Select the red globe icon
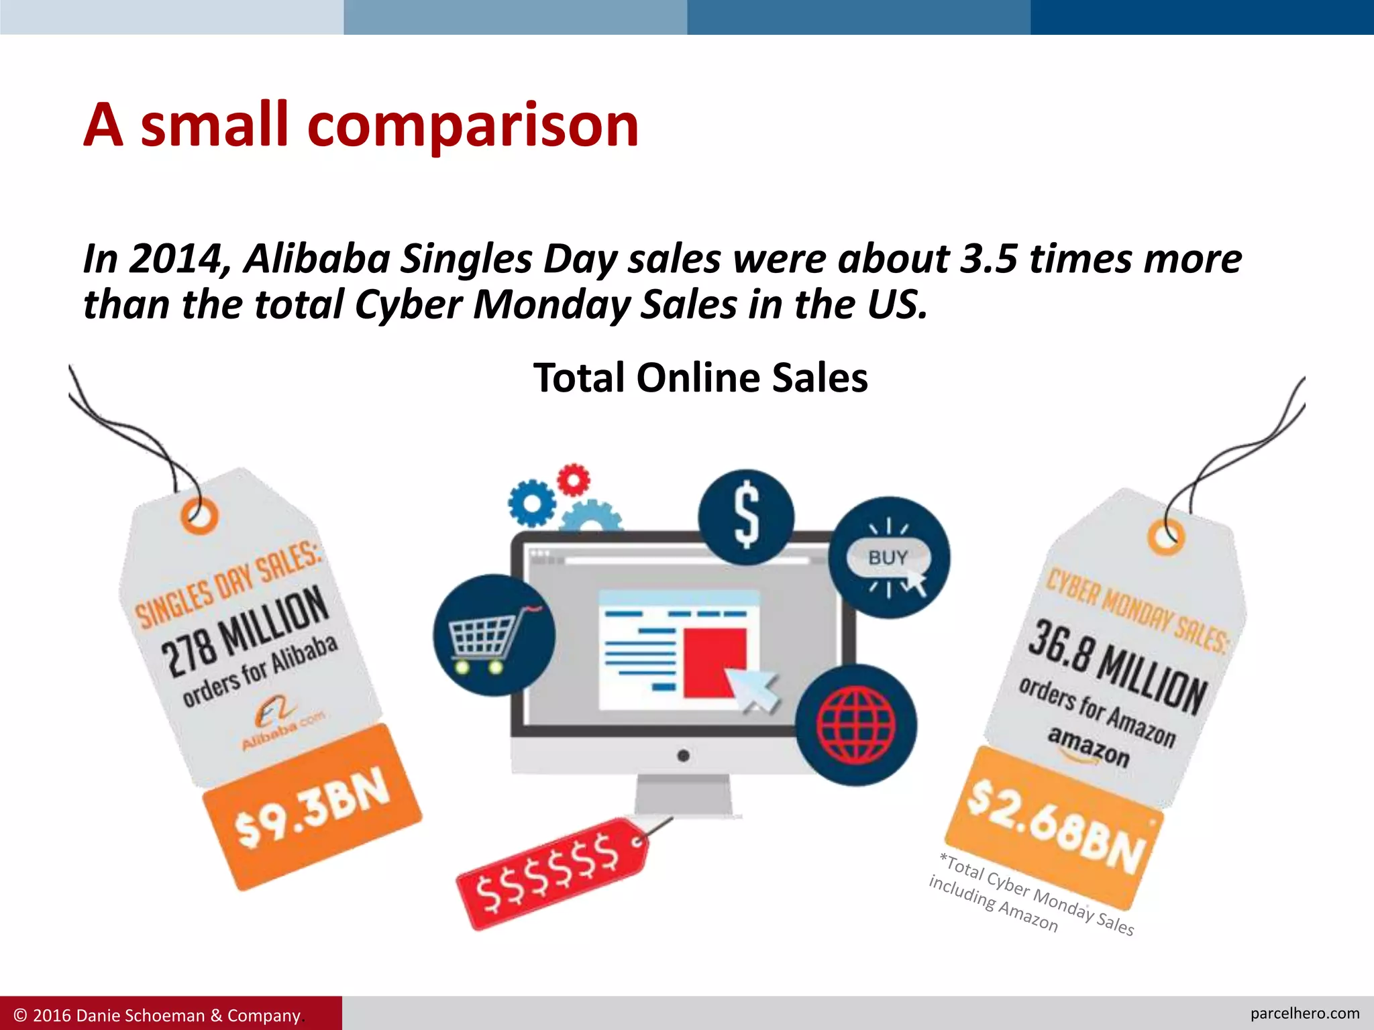(856, 725)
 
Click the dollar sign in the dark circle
(746, 516)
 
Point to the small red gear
(574, 479)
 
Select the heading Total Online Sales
(700, 378)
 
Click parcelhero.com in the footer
(1304, 1013)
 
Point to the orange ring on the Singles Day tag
(200, 515)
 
